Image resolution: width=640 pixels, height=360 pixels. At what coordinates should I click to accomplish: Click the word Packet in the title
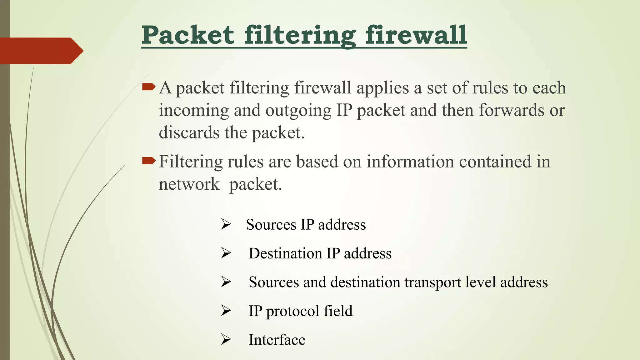click(x=188, y=35)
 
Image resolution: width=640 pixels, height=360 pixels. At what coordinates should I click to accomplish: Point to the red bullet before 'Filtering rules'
click(x=148, y=161)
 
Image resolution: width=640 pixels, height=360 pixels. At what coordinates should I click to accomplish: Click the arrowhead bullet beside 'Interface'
click(x=226, y=339)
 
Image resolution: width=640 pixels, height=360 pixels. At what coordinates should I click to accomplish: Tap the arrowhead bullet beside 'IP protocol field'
click(x=226, y=310)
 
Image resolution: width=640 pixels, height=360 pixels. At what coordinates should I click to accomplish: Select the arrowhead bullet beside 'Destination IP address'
click(x=226, y=253)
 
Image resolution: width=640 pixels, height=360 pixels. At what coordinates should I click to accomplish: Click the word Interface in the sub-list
click(x=277, y=340)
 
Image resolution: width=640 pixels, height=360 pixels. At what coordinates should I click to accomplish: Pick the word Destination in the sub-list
click(x=285, y=253)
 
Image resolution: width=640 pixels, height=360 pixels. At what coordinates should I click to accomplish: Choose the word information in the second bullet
click(x=410, y=162)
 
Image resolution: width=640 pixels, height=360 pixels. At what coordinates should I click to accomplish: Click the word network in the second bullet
click(x=189, y=184)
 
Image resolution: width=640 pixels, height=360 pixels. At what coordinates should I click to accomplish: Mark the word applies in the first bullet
click(x=382, y=88)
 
